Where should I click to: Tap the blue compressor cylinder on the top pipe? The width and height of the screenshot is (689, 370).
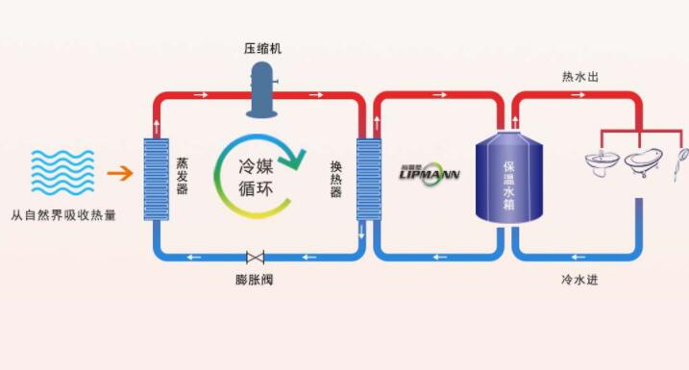pyautogui.click(x=262, y=87)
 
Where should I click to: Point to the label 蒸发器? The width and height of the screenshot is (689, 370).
pyautogui.click(x=183, y=175)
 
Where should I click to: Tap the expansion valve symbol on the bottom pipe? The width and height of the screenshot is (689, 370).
pyautogui.click(x=256, y=258)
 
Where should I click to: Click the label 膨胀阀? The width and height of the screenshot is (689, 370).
pyautogui.click(x=255, y=281)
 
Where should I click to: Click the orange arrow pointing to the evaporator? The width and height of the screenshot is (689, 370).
pyautogui.click(x=119, y=174)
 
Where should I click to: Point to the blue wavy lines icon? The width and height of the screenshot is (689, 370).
pyautogui.click(x=63, y=173)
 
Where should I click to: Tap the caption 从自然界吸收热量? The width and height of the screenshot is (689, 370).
pyautogui.click(x=64, y=215)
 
